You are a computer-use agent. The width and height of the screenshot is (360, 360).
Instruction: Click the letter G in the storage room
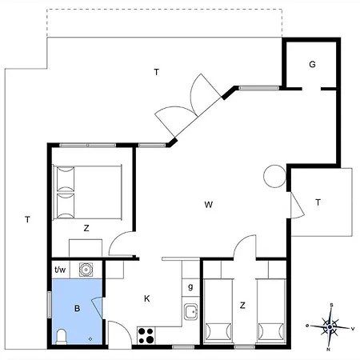coord(312,64)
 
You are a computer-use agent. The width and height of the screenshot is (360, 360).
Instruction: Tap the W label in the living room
coord(209,205)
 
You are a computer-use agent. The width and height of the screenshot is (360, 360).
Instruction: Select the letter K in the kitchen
coord(147,298)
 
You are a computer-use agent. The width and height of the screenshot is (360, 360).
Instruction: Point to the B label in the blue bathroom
coord(78,309)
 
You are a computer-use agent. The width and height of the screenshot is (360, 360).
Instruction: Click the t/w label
coord(60,270)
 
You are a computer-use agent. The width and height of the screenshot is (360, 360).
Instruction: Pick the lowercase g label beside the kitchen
coord(190,287)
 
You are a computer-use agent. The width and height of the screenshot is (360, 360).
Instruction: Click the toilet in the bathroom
coord(62,337)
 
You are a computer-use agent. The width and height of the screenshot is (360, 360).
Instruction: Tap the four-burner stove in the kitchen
coord(146,335)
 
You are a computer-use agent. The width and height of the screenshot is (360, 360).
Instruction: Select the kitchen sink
coord(190,311)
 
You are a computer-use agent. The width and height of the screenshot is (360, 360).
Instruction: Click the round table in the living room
coord(274,176)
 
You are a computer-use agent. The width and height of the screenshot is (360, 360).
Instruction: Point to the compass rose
coord(330,327)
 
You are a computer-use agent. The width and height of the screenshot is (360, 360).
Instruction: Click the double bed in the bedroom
coord(87,192)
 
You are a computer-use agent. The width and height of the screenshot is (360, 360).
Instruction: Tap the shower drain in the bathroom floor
coord(90,339)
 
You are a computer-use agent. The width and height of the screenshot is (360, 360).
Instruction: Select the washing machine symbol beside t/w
coord(86,270)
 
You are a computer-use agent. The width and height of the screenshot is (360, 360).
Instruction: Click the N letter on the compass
coord(328,350)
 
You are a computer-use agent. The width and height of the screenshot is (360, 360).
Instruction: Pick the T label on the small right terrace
coord(318,202)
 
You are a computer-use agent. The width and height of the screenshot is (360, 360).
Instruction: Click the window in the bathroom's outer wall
coord(50,305)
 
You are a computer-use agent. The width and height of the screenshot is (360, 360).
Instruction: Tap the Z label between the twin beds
coord(242,306)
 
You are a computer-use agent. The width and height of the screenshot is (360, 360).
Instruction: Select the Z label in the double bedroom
coord(86,228)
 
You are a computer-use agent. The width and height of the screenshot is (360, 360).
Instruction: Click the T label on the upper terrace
coord(157,72)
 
